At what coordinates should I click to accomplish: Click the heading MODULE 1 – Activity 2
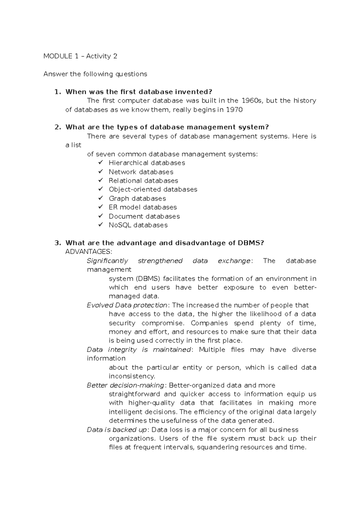coord(80,56)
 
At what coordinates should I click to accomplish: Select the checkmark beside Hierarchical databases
coord(100,162)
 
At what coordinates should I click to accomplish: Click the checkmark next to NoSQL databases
coord(100,225)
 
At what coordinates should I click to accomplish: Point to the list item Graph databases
coord(137,198)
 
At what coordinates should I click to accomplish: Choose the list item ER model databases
coord(142,207)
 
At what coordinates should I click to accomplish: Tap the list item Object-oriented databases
coord(153,189)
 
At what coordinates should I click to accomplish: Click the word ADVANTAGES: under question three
coord(88,252)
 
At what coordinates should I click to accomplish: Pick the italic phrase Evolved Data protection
coord(127,305)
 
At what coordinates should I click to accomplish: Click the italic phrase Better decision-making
coord(125,385)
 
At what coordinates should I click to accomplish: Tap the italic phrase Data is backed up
coord(117,430)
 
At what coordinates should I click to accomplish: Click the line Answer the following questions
coord(95,74)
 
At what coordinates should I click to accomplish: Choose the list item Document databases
coord(144,216)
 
